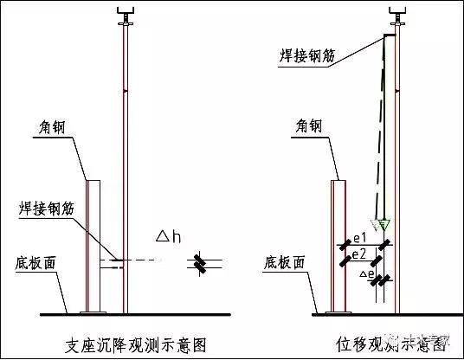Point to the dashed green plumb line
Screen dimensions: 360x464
tap(381, 130)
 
